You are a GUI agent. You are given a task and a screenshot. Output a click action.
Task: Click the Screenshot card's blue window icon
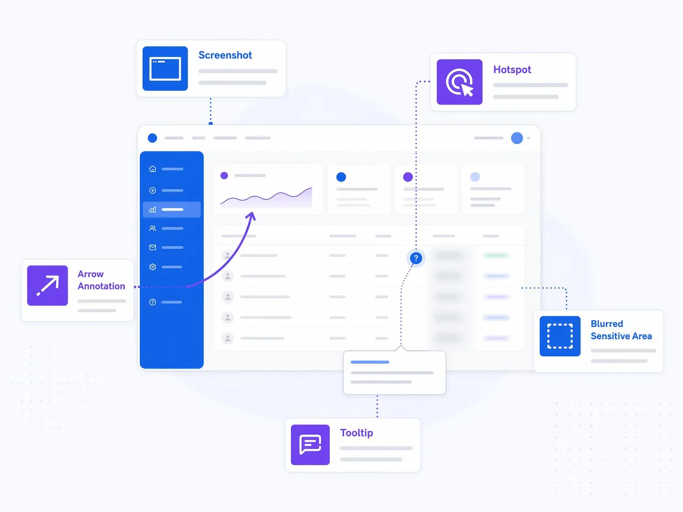coord(165,68)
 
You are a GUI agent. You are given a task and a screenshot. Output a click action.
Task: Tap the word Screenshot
coord(225,55)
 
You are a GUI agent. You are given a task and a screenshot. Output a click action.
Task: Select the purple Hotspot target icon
coord(459,82)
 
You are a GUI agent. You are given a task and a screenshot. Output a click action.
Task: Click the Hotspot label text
coord(512,70)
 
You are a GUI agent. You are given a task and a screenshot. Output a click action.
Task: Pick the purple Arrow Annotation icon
coord(47,285)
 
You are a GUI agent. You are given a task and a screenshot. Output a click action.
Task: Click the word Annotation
coord(101,286)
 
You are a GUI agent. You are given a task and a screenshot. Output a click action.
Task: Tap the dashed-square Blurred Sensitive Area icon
coord(560,336)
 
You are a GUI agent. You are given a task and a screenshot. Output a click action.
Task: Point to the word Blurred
coord(607,324)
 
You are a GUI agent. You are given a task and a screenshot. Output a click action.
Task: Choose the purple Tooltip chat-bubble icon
coord(310,445)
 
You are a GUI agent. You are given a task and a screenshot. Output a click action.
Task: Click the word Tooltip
coord(356,433)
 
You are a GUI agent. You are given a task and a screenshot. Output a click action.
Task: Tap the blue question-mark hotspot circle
coord(416,258)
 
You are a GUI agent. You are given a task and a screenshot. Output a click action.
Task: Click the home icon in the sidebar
coord(153,169)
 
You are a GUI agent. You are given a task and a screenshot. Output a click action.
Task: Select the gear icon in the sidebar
coord(153,267)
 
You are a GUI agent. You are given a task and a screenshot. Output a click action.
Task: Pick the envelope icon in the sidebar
coord(153,247)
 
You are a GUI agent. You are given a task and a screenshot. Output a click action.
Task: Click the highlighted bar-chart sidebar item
coord(171,210)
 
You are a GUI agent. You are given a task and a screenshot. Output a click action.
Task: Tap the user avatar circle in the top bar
coord(517,138)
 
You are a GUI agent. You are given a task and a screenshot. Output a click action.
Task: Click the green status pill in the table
coord(496,255)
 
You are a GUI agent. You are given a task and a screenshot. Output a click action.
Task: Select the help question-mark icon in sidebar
coord(153,302)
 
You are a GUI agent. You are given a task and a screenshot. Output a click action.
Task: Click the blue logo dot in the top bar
coord(152,138)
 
